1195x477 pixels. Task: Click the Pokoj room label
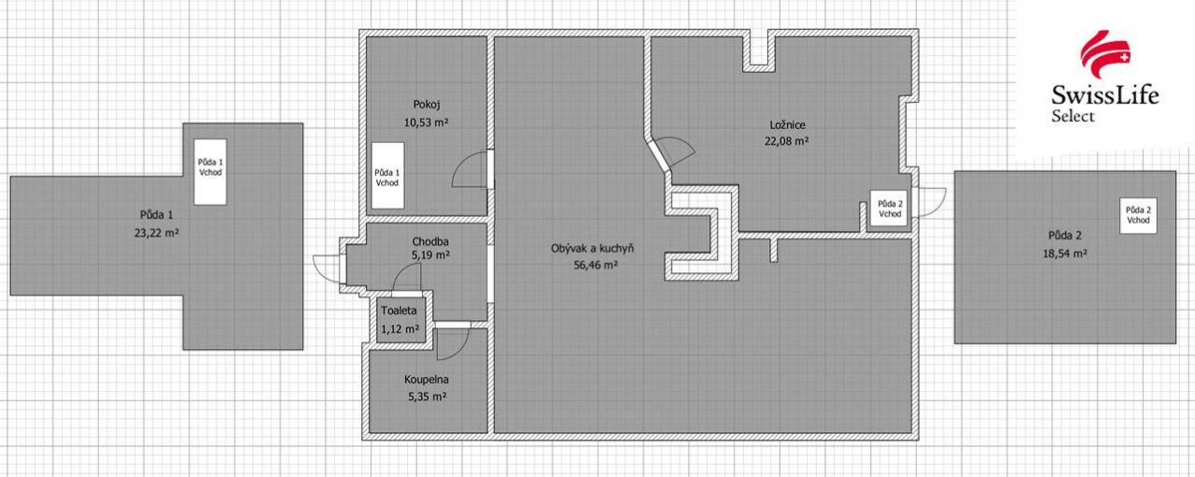pos(427,105)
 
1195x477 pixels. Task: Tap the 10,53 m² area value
pos(426,122)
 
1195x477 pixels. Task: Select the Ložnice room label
pos(787,124)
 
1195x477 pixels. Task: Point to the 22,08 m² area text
pos(786,141)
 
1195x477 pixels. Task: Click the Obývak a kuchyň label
pos(592,249)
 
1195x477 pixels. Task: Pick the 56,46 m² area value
pos(595,265)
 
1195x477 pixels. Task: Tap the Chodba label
pos(430,241)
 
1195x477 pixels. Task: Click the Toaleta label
pos(399,311)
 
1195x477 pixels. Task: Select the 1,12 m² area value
pos(400,329)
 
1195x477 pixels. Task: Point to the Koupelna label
pos(427,380)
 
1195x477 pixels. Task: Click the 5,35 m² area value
pos(427,397)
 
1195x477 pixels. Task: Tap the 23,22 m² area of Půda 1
pos(156,232)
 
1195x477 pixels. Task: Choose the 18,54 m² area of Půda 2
pos(1065,253)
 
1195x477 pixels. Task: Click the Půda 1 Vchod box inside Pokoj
pos(387,175)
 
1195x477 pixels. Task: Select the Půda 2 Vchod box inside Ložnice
pos(889,209)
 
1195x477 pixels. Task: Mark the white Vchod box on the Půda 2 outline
pos(1138,215)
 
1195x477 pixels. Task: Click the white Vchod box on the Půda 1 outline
pos(211,172)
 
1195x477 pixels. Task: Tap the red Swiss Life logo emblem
pos(1105,54)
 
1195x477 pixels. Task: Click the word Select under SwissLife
pos(1072,116)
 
